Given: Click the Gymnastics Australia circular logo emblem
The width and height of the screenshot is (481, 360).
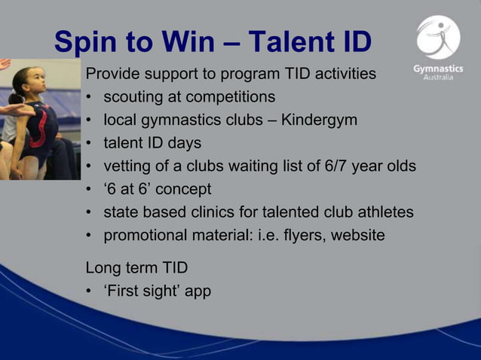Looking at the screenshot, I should pos(437,38).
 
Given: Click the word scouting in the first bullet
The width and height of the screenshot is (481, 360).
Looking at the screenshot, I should pos(133,97).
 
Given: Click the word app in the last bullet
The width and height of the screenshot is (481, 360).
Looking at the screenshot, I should pos(197,290).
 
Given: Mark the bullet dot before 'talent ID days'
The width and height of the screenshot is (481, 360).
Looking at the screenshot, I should pos(90,143).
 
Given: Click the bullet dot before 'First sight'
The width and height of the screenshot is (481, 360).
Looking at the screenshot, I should pos(90,290).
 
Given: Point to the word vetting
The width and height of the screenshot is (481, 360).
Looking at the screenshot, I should pos(126,166).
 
